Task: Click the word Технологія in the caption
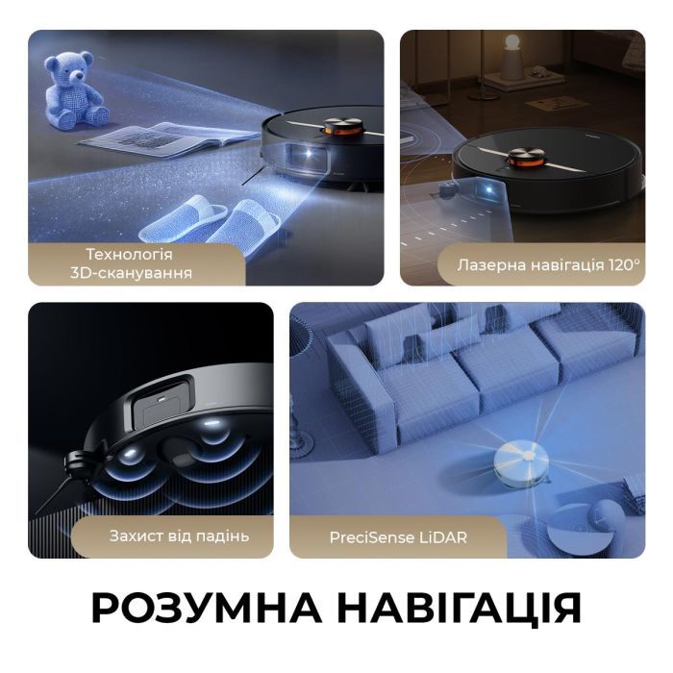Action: [x=130, y=254]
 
